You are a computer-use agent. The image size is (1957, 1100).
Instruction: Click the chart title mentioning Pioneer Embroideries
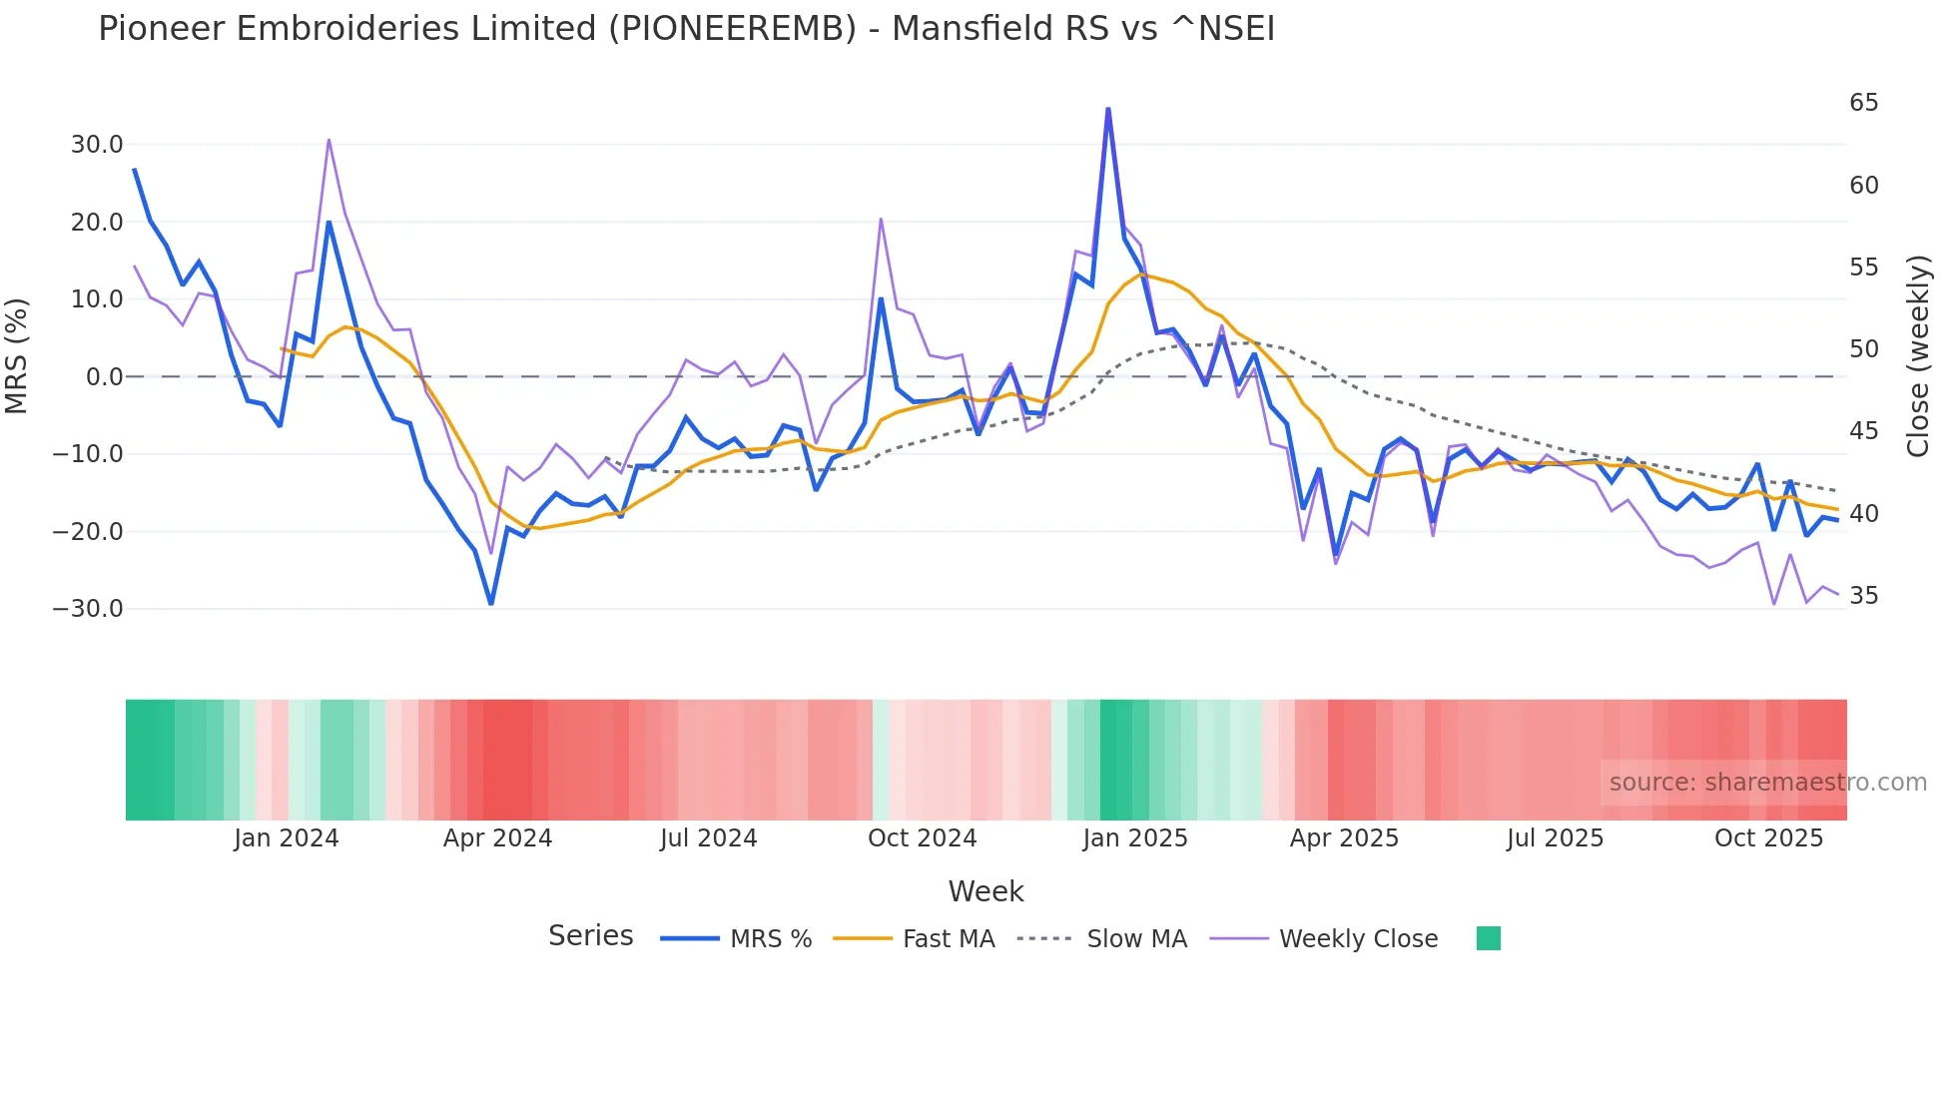[x=686, y=29]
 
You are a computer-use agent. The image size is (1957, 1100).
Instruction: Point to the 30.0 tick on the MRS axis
[x=97, y=145]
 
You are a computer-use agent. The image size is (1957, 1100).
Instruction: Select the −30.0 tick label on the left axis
[x=88, y=609]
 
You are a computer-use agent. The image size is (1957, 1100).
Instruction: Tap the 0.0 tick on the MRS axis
[x=105, y=377]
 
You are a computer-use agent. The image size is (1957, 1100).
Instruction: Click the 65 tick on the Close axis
[x=1863, y=103]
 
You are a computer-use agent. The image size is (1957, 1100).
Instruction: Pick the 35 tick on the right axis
[x=1863, y=596]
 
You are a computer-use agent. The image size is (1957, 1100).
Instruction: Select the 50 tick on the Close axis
[x=1863, y=349]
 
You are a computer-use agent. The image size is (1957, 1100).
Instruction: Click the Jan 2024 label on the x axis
[x=287, y=838]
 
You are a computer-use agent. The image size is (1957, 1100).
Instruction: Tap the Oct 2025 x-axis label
[x=1768, y=838]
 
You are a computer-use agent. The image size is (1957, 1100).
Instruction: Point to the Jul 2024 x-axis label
[x=708, y=838]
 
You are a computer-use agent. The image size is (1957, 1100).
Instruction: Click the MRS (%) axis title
[x=17, y=356]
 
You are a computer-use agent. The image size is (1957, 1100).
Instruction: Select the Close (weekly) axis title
[x=1917, y=356]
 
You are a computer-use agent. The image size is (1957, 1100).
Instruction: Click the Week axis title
[x=985, y=891]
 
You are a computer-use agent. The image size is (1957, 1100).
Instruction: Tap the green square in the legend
[x=1488, y=938]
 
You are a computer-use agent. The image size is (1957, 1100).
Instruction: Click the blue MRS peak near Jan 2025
[x=1108, y=109]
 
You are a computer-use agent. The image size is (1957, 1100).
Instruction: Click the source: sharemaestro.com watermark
[x=1767, y=783]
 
